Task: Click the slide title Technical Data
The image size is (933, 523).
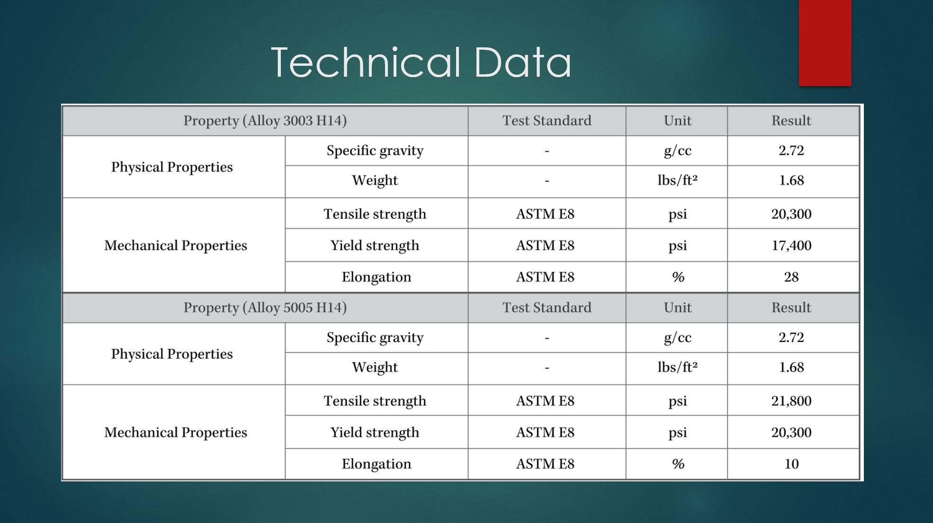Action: pyautogui.click(x=421, y=62)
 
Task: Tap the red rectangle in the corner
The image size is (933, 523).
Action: pyautogui.click(x=825, y=43)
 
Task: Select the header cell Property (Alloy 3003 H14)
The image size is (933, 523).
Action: pyautogui.click(x=265, y=121)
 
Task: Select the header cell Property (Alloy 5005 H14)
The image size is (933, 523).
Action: pyautogui.click(x=265, y=308)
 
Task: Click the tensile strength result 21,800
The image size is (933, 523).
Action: pyautogui.click(x=791, y=401)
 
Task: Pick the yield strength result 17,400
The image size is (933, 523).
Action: pyautogui.click(x=791, y=245)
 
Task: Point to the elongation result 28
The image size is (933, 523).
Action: pyautogui.click(x=791, y=277)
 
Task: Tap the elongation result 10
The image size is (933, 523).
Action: pyautogui.click(x=791, y=464)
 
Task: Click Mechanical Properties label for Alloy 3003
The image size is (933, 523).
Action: pyautogui.click(x=176, y=246)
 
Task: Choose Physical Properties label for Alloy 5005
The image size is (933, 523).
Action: pyautogui.click(x=172, y=354)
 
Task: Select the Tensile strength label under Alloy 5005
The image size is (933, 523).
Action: pyautogui.click(x=375, y=401)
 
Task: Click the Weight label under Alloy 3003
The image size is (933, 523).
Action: pyautogui.click(x=375, y=180)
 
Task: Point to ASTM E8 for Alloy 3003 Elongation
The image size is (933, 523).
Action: pyautogui.click(x=545, y=277)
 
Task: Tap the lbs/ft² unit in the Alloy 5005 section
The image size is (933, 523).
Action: pyautogui.click(x=678, y=367)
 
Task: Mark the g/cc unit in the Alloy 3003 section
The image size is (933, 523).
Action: pyautogui.click(x=678, y=151)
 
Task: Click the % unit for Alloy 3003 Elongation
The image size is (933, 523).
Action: pyautogui.click(x=678, y=277)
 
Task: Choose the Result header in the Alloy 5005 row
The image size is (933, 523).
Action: pyautogui.click(x=791, y=308)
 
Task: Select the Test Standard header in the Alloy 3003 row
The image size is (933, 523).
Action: pyautogui.click(x=547, y=121)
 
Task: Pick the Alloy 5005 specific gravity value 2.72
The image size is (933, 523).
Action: pyautogui.click(x=791, y=337)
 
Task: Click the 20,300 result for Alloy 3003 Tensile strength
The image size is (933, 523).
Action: pyautogui.click(x=791, y=214)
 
